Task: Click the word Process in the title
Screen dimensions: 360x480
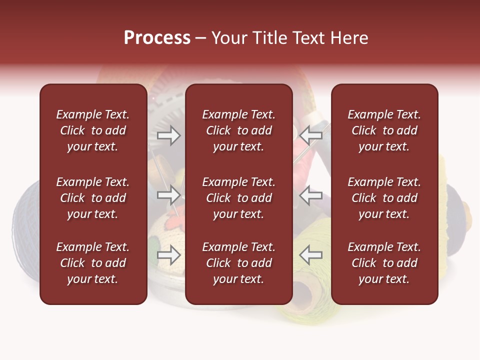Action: click(x=157, y=38)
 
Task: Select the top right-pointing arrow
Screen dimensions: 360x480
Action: click(x=168, y=135)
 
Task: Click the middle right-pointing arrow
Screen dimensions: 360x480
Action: click(x=168, y=195)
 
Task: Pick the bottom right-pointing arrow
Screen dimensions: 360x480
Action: click(x=168, y=255)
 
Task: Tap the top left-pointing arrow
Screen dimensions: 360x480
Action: click(x=310, y=135)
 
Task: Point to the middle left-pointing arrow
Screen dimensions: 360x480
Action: click(x=310, y=195)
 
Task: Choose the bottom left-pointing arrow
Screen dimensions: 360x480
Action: click(x=310, y=255)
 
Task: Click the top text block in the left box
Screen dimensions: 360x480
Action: click(x=93, y=130)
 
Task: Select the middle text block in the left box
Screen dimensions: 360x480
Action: click(x=93, y=198)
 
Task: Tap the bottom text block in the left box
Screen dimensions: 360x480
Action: click(x=93, y=263)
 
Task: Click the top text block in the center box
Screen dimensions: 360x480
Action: click(x=238, y=130)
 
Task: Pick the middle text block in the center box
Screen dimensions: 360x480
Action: click(x=238, y=198)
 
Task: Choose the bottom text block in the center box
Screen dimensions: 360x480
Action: click(x=238, y=263)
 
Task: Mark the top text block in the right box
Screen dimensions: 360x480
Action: click(x=384, y=130)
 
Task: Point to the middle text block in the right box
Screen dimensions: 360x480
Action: click(x=384, y=198)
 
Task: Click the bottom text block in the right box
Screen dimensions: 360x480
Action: click(x=384, y=263)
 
